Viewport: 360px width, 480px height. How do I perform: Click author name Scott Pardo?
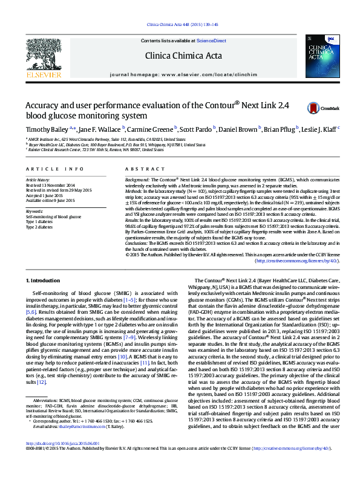pyautogui.click(x=197, y=129)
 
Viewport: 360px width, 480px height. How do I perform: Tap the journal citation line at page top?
pyautogui.click(x=180, y=25)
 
